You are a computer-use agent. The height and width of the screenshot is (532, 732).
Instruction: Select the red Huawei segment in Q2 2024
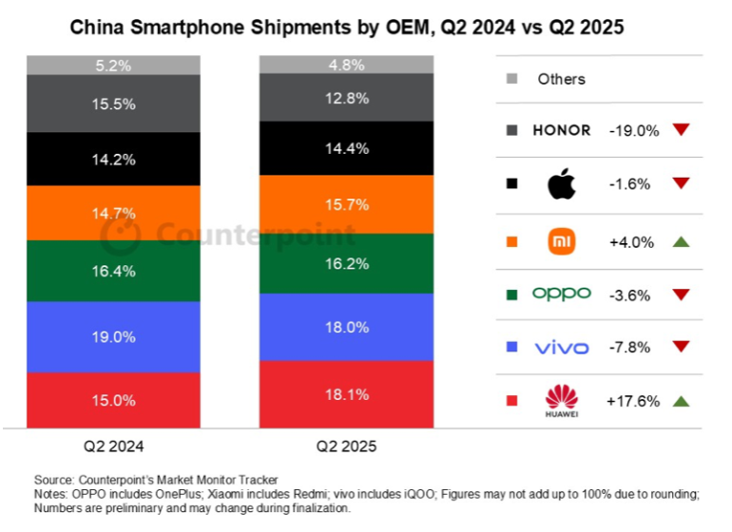112,400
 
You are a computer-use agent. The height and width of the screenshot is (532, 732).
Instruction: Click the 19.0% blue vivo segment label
112,336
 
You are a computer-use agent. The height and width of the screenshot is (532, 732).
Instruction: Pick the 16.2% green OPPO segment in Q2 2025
345,263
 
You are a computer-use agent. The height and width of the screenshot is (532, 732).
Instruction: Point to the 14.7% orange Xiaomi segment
112,213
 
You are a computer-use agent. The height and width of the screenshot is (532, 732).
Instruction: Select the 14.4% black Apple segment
345,148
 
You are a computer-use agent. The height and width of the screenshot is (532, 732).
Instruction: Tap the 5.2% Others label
112,65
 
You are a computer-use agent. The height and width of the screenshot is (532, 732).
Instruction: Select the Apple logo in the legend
561,183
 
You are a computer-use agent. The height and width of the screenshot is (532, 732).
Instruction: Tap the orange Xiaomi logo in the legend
562,242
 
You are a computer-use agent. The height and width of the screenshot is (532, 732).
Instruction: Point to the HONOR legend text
561,130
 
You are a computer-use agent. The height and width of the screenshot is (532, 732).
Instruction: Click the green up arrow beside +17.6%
680,402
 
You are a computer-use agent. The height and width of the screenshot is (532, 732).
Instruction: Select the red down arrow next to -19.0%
680,130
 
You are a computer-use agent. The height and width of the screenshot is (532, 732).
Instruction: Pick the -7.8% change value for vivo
629,348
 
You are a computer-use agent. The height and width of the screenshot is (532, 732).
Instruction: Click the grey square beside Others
512,79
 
